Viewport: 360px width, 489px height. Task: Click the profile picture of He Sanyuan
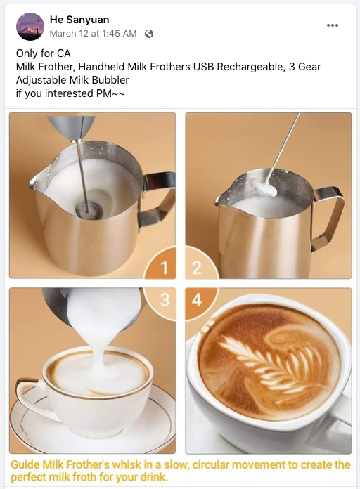30,27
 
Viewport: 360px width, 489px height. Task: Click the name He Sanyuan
79,20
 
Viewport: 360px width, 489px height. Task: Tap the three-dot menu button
332,25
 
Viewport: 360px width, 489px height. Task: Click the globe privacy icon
149,33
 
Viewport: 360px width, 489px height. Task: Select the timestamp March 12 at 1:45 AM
93,33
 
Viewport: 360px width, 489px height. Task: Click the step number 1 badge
165,268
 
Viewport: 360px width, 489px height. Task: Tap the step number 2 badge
197,268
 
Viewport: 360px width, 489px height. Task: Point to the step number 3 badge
165,300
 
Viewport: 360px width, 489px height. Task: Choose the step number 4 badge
197,300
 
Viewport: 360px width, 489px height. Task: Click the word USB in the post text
203,67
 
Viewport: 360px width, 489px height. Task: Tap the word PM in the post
103,93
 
